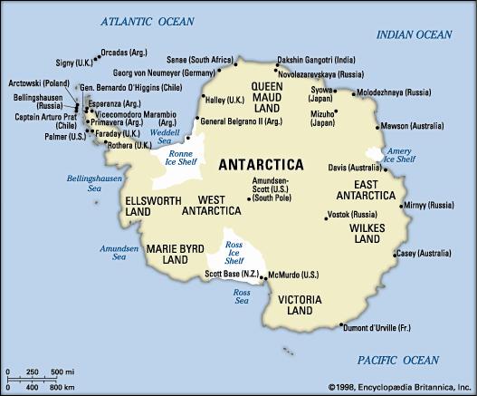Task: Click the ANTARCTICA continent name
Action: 262,165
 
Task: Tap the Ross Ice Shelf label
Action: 234,253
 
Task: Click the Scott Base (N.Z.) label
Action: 233,275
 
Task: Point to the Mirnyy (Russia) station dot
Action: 400,205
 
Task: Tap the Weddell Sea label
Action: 165,137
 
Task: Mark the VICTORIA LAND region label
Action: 298,304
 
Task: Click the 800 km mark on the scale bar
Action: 62,386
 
